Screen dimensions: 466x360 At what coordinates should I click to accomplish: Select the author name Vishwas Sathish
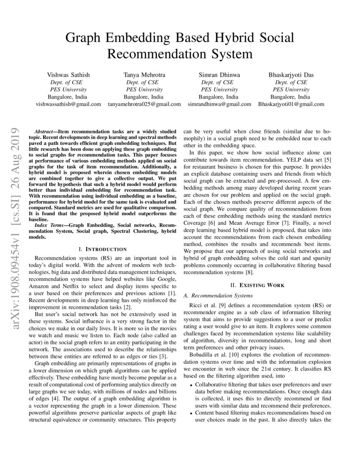(x=68, y=75)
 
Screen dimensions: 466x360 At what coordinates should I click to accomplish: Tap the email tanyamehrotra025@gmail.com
(x=144, y=104)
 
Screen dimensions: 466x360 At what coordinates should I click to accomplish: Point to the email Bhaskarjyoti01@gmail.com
(x=291, y=104)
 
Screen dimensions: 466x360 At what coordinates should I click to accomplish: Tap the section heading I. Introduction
(x=103, y=249)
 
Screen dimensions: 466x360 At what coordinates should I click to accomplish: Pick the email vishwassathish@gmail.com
(x=68, y=104)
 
